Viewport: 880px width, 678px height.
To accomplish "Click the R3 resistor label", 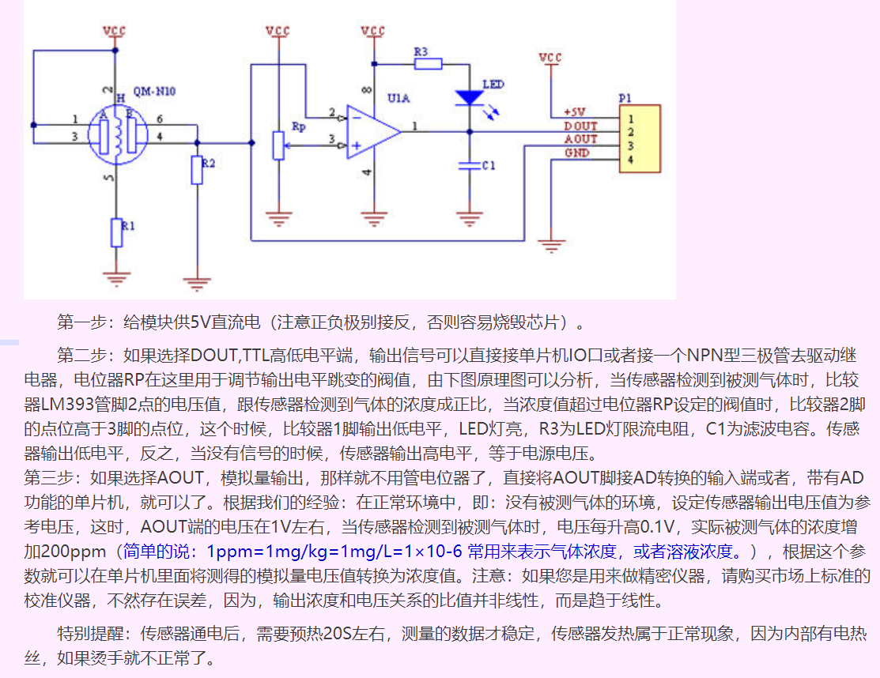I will [x=421, y=51].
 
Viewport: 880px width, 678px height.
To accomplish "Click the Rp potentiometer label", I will [x=298, y=126].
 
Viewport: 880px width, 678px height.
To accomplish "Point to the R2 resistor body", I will [x=197, y=171].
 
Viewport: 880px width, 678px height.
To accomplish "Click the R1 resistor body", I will [x=117, y=232].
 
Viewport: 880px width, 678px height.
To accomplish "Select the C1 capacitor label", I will [x=489, y=165].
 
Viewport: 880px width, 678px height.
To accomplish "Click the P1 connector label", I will [x=625, y=98].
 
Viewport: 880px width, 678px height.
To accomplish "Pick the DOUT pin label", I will [x=580, y=126].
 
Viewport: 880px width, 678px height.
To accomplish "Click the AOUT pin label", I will [x=580, y=139].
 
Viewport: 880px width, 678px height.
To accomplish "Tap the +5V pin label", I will [x=575, y=112].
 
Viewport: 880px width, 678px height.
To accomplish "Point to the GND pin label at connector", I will [x=576, y=153].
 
